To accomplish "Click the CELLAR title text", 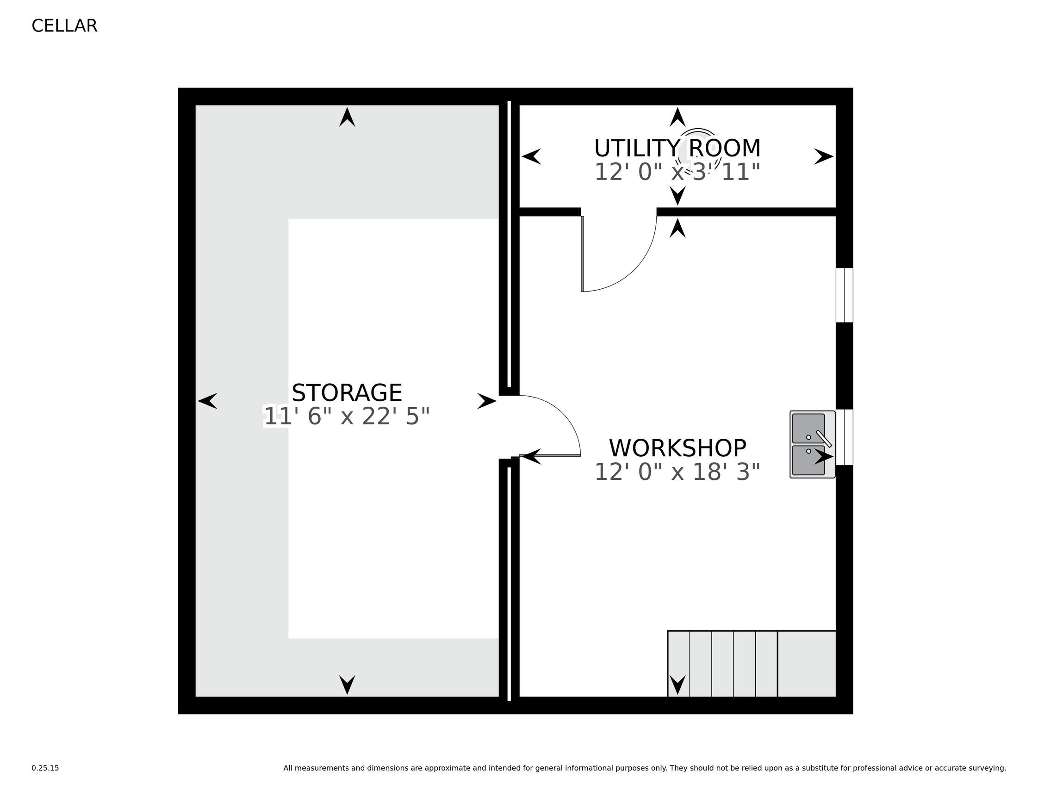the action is point(64,25).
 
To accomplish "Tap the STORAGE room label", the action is point(347,393).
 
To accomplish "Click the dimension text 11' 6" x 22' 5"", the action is point(347,417).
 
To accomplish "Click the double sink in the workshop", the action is point(812,444).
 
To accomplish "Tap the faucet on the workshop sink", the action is point(824,438).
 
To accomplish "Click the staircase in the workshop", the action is point(752,664).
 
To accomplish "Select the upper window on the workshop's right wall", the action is point(844,295).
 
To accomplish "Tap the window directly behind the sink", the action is point(844,437).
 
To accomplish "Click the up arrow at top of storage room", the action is point(347,118).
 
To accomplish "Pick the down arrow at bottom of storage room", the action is point(347,684).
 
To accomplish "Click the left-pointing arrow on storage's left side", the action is point(208,401).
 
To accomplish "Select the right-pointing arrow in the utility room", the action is point(824,156).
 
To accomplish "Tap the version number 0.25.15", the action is point(45,768).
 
